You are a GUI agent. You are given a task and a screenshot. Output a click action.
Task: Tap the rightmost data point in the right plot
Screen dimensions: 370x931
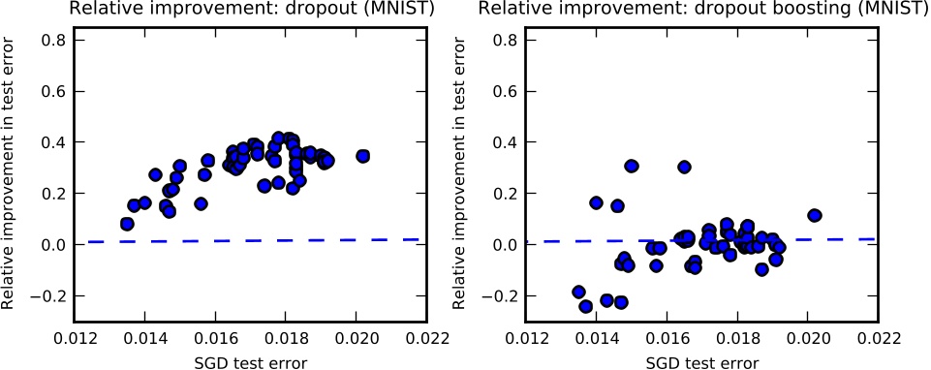point(814,215)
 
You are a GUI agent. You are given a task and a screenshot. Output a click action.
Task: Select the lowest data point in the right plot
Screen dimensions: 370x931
point(585,306)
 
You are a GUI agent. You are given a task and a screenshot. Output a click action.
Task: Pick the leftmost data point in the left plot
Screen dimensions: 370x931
point(127,224)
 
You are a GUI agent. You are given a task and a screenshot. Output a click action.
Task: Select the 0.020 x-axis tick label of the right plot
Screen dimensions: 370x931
point(809,339)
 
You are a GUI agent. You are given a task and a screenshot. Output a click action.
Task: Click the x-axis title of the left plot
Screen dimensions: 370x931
point(250,360)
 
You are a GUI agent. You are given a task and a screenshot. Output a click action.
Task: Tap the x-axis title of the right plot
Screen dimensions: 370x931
point(701,360)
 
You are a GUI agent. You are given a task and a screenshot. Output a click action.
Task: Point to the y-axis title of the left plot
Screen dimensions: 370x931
point(11,175)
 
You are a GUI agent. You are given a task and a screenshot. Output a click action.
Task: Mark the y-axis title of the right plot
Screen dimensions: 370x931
point(462,175)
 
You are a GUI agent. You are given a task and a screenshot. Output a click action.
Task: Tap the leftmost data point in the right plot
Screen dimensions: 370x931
point(579,292)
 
